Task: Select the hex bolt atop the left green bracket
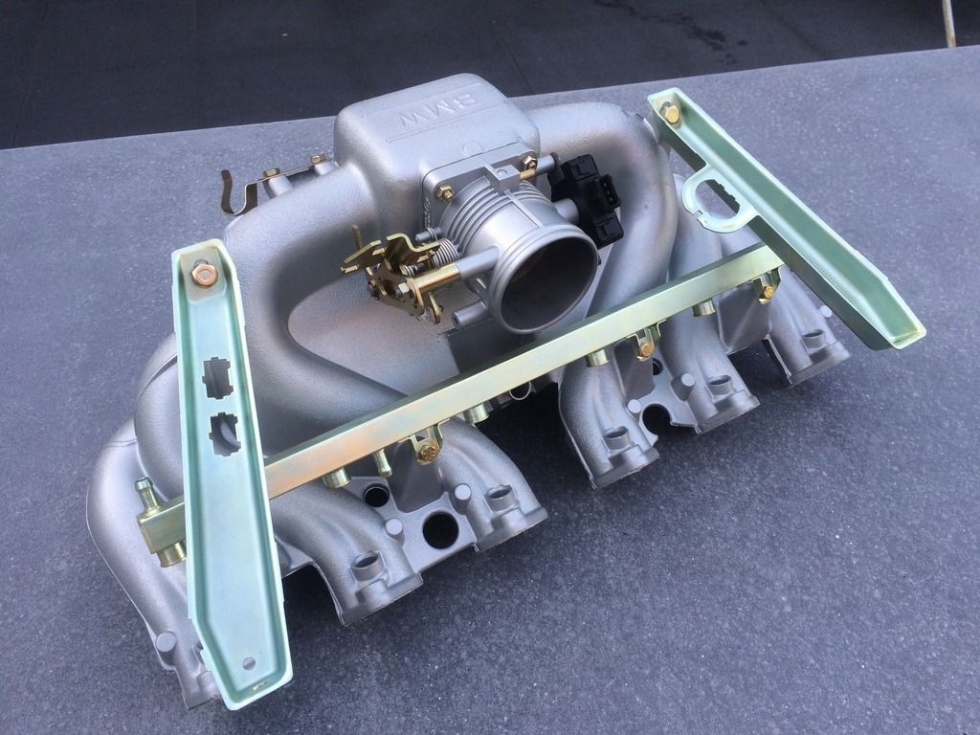point(205,274)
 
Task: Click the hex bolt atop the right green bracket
point(671,114)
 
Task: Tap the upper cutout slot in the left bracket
point(217,377)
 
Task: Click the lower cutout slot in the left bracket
point(224,434)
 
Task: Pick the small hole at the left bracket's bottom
point(250,662)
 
